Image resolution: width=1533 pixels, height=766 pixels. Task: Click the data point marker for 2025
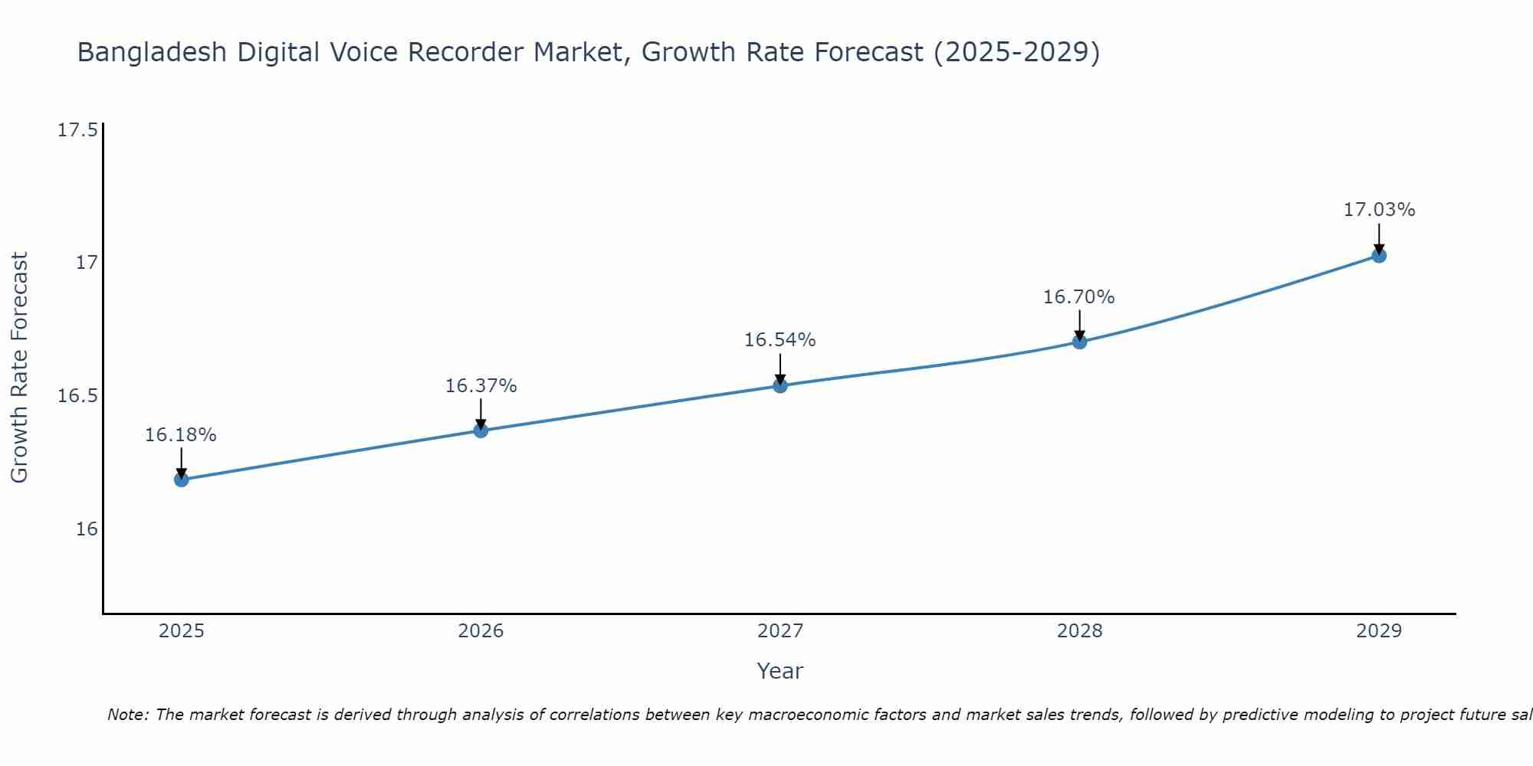click(182, 480)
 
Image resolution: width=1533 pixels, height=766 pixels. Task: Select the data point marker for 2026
click(481, 430)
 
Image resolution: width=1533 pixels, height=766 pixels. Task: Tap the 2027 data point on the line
click(780, 385)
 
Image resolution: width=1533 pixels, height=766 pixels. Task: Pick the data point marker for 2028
click(1079, 342)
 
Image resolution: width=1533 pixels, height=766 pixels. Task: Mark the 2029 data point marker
click(1379, 256)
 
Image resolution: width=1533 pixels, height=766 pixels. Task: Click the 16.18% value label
click(181, 435)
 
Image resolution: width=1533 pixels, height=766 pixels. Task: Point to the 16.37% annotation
click(481, 386)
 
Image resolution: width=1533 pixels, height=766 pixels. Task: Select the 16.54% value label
click(780, 340)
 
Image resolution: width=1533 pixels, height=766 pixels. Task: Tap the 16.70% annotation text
click(1078, 297)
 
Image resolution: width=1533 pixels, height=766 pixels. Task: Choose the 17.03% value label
click(1379, 210)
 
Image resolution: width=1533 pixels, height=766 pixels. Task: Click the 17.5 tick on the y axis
click(77, 130)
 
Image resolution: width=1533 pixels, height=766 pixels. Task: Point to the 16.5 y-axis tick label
click(77, 396)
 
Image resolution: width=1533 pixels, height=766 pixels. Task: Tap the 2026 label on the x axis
click(481, 631)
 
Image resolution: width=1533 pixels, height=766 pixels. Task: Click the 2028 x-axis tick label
click(1079, 631)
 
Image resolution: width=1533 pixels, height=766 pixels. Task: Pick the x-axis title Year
click(780, 671)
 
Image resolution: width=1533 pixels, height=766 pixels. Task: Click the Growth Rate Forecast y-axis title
click(19, 368)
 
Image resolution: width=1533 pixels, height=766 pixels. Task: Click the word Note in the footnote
click(127, 715)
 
